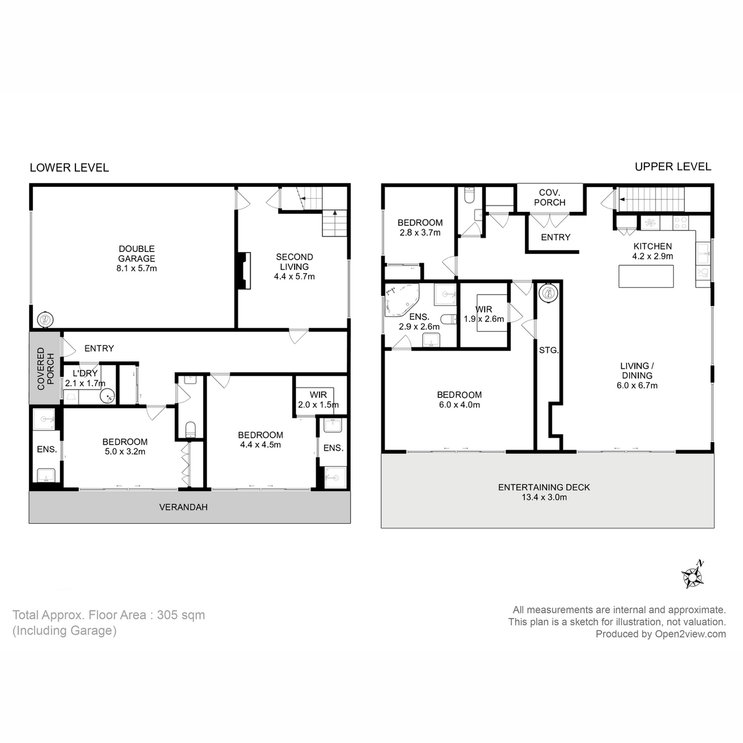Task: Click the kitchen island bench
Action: click(x=646, y=276)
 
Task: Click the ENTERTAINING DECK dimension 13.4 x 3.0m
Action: click(x=544, y=497)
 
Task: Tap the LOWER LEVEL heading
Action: click(x=69, y=168)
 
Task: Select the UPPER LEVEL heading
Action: click(x=672, y=167)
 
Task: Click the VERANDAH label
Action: click(x=183, y=507)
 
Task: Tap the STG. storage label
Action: click(x=549, y=350)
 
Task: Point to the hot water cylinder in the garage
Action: click(x=45, y=319)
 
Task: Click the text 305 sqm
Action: click(x=181, y=615)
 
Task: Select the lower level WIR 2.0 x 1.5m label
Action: click(x=318, y=399)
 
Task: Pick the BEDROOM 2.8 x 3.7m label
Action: click(x=420, y=228)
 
